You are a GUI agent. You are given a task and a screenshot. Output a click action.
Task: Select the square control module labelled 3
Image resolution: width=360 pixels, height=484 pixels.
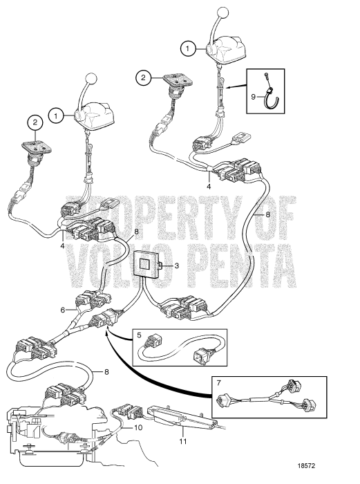click(147, 265)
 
